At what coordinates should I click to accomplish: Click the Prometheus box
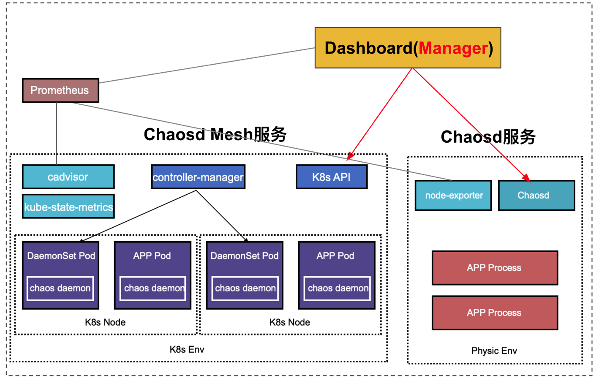pyautogui.click(x=60, y=90)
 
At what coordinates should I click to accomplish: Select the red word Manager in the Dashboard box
pyautogui.click(x=453, y=48)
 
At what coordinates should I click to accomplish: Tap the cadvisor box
pyautogui.click(x=68, y=177)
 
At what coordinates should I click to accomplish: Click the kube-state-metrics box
pyautogui.click(x=68, y=207)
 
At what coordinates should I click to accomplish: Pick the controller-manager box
pyautogui.click(x=198, y=177)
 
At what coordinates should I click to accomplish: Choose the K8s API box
pyautogui.click(x=332, y=177)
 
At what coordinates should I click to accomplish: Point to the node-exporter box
pyautogui.click(x=453, y=196)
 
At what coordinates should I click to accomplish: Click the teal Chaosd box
pyautogui.click(x=536, y=196)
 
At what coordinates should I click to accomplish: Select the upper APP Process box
pyautogui.click(x=494, y=268)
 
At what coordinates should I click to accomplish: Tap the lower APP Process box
pyautogui.click(x=494, y=313)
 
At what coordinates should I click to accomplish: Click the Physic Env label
pyautogui.click(x=494, y=351)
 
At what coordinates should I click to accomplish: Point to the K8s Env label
pyautogui.click(x=187, y=349)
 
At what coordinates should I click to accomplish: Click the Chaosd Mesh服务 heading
pyautogui.click(x=215, y=135)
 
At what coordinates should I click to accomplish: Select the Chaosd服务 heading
pyautogui.click(x=488, y=137)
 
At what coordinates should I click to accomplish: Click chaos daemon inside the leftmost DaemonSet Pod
pyautogui.click(x=60, y=288)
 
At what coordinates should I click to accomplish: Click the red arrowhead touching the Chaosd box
pyautogui.click(x=526, y=178)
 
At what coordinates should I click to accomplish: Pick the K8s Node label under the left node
pyautogui.click(x=105, y=322)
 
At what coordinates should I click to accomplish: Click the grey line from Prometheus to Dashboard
pyautogui.click(x=207, y=65)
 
